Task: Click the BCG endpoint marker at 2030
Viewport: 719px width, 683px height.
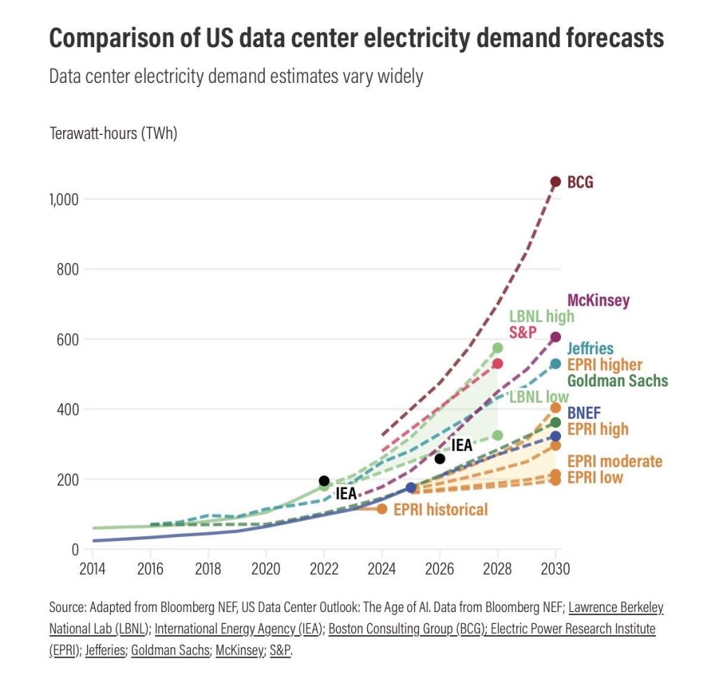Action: [x=555, y=182]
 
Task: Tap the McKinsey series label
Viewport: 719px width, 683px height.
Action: [x=598, y=301]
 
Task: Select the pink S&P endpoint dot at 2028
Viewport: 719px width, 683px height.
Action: [x=498, y=363]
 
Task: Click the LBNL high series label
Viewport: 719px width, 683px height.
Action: [x=541, y=316]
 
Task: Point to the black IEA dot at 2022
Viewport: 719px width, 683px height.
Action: [x=324, y=481]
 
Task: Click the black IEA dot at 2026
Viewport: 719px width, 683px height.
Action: [x=440, y=459]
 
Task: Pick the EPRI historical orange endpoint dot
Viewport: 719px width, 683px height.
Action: [x=382, y=509]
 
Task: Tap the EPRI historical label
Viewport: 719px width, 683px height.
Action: [x=440, y=509]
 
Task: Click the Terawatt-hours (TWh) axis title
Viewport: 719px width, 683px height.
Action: [x=113, y=134]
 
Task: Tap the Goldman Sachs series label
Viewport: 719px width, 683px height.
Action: [x=617, y=382]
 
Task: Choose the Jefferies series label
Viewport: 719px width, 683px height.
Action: [x=590, y=349]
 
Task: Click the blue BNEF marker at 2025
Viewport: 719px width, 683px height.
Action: [x=411, y=488]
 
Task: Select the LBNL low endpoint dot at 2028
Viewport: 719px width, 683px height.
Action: [x=498, y=436]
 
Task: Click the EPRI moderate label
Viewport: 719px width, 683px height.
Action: [x=614, y=462]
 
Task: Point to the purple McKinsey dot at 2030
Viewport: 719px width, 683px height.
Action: [x=555, y=337]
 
